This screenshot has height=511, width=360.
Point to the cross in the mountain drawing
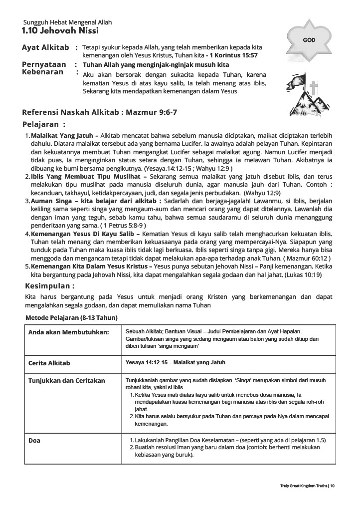point(314,90)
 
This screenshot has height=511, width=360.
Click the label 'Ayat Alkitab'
point(45,47)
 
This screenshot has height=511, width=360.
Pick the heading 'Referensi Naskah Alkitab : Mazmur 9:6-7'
point(100,112)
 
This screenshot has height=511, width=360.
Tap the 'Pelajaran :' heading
point(44,124)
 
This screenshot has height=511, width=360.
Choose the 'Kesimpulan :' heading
point(50,286)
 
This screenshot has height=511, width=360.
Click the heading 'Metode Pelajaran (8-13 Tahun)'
point(71,317)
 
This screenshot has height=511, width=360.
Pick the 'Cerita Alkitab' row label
point(49,363)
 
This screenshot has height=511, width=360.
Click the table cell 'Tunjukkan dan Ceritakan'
point(67,381)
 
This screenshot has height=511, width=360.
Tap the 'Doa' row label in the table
point(34,441)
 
